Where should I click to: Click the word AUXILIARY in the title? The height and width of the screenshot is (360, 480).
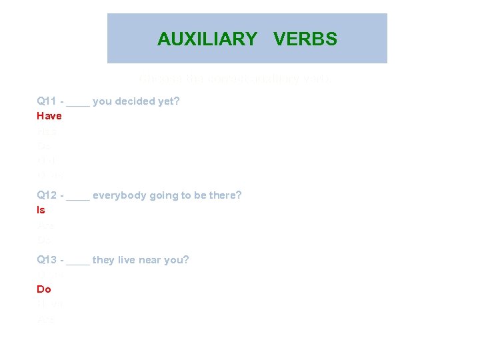point(207,39)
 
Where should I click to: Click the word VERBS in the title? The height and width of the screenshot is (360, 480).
point(305,39)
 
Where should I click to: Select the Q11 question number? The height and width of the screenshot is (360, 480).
point(47,101)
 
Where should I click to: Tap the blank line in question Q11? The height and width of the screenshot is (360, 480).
point(78,103)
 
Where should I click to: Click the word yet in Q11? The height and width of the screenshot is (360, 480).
point(166,101)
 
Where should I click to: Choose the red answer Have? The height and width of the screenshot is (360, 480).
point(49,116)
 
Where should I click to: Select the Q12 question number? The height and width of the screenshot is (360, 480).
point(47,195)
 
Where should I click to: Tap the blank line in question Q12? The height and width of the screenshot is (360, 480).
point(78,197)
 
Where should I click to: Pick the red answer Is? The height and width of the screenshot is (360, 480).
point(41,210)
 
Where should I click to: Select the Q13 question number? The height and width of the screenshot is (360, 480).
point(47,260)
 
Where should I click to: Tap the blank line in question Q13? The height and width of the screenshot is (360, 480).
point(78,262)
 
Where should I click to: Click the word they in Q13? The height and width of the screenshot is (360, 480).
point(103,260)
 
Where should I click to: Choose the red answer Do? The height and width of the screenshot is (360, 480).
point(43,289)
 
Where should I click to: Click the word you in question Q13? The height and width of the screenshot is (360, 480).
point(178,260)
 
